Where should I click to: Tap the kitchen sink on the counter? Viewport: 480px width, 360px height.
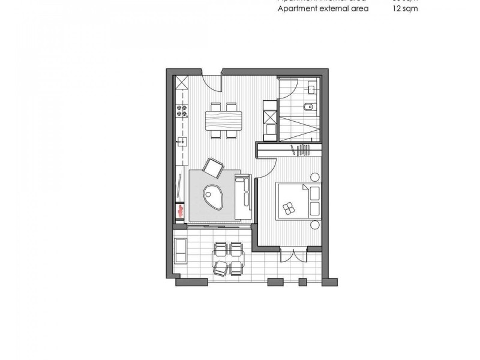[x=181, y=142]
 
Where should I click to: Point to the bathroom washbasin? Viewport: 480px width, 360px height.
[x=310, y=88]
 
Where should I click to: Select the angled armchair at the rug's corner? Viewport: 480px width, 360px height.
[x=213, y=167]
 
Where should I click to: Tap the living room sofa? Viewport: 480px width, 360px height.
[x=243, y=197]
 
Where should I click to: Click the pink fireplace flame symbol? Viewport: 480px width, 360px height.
[x=180, y=209]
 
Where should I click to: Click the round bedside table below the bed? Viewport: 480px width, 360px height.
[x=314, y=225]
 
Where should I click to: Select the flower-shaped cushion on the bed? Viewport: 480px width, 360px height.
[x=289, y=206]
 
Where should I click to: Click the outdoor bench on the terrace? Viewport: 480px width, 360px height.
[x=181, y=250]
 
